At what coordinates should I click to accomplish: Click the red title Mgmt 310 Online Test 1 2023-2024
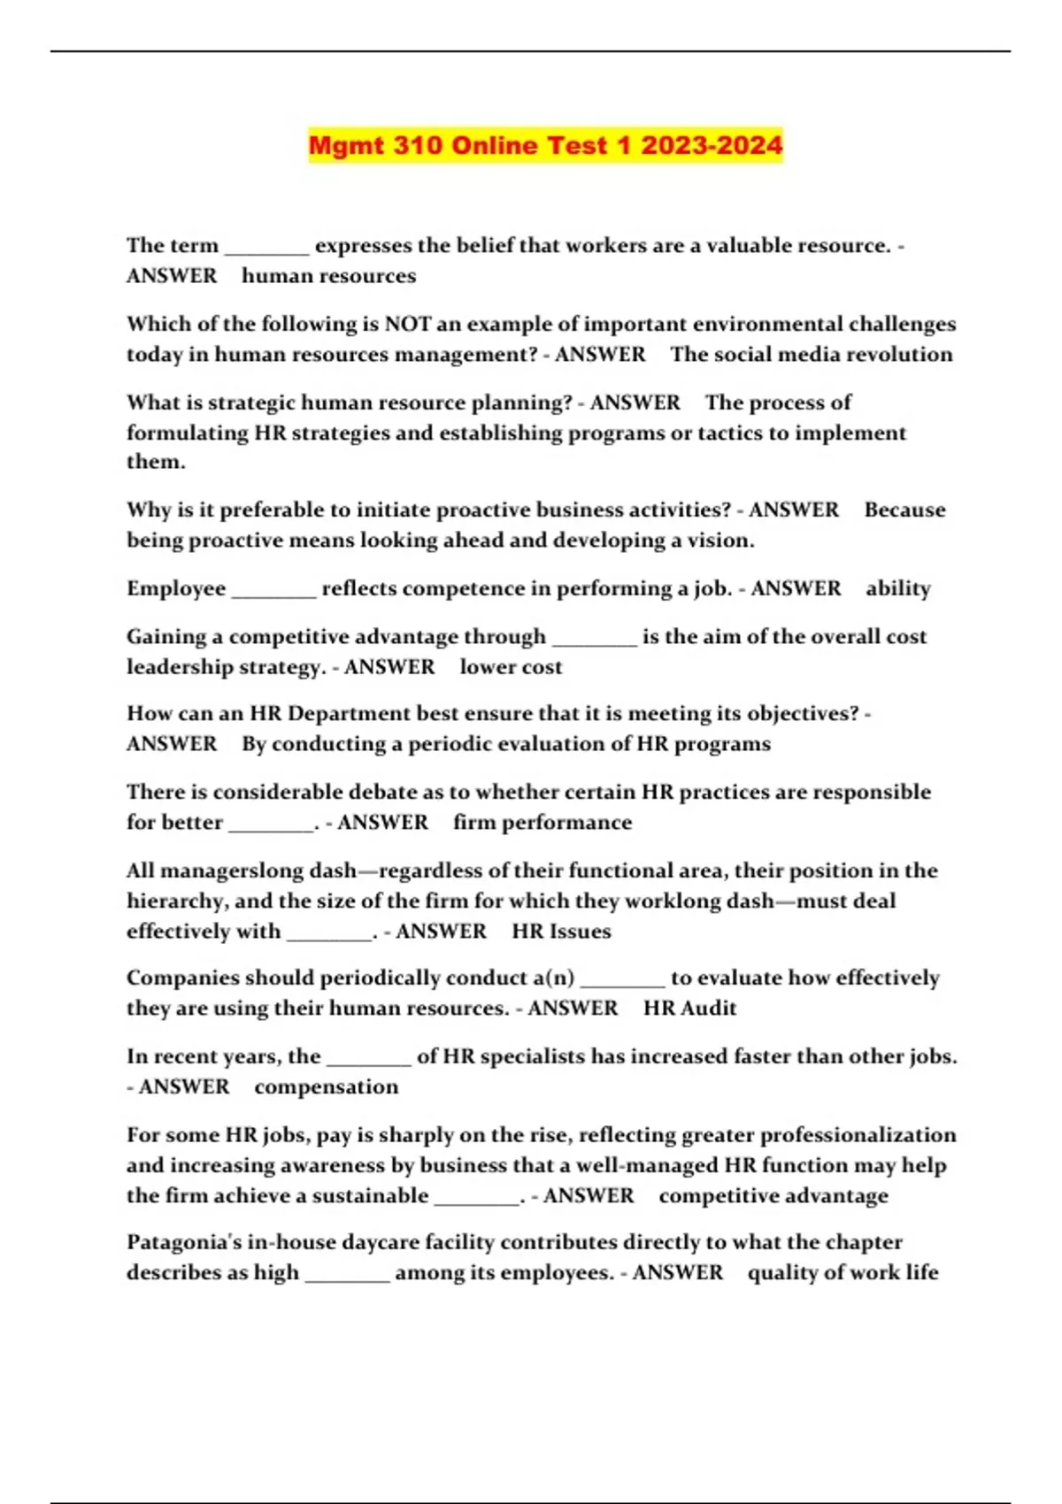tap(545, 145)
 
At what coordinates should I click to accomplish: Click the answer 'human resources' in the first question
tap(328, 276)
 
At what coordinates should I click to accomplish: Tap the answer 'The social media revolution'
tap(812, 354)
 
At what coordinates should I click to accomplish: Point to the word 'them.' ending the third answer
tap(156, 462)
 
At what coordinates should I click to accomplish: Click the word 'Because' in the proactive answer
tap(904, 510)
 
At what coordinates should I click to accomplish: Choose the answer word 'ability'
tap(898, 588)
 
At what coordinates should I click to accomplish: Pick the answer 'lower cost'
tap(511, 667)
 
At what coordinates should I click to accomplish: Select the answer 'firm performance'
tap(543, 823)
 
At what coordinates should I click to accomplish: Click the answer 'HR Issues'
tap(561, 932)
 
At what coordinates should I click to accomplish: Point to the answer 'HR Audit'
tap(689, 1009)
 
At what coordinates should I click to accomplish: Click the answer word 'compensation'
tap(327, 1087)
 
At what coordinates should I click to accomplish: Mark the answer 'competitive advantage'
tap(773, 1196)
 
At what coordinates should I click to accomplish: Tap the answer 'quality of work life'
tap(843, 1273)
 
